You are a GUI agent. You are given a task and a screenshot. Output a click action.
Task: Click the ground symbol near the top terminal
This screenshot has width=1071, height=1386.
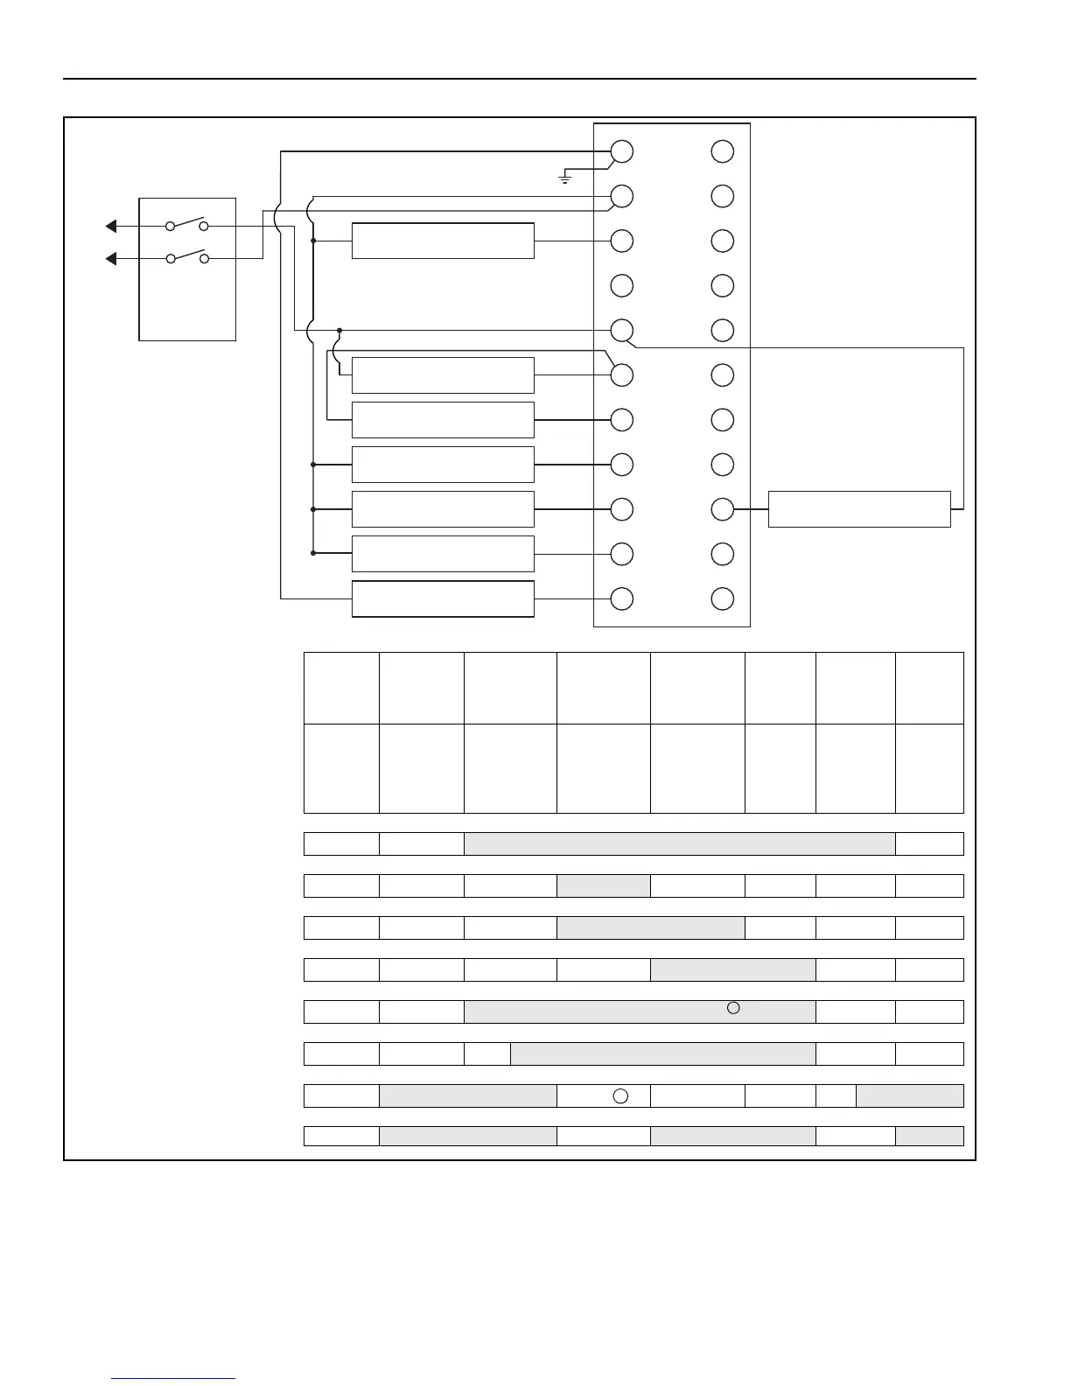[x=565, y=178]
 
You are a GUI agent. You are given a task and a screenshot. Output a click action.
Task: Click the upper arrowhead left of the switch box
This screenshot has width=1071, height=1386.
[x=111, y=227]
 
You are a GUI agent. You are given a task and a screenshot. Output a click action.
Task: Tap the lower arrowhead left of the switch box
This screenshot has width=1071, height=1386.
[x=111, y=259]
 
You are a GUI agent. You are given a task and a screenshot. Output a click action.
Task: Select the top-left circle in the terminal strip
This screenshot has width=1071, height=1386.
[x=621, y=151]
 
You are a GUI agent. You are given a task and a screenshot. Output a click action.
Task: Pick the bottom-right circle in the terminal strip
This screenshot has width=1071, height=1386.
[x=722, y=598]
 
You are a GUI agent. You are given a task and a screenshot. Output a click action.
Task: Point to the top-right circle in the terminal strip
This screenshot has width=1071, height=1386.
[x=722, y=151]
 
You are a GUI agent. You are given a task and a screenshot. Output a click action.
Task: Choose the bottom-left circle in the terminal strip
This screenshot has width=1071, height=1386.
[x=621, y=598]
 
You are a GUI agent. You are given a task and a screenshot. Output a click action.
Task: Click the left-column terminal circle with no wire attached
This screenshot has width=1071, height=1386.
[x=621, y=285]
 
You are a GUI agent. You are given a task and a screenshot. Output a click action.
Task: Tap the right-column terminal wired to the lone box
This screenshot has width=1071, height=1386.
[x=722, y=509]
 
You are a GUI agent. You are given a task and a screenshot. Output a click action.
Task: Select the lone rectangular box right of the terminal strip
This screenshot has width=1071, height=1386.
[x=859, y=509]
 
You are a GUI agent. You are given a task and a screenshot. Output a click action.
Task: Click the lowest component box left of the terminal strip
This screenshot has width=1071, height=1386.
[x=443, y=598]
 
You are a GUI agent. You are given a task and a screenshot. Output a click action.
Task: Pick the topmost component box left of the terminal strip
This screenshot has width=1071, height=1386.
[x=443, y=241]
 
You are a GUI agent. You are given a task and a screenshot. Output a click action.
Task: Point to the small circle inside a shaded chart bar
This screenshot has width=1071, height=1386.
[x=733, y=1008]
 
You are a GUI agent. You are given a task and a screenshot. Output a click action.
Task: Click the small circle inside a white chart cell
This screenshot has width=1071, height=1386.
[x=619, y=1095]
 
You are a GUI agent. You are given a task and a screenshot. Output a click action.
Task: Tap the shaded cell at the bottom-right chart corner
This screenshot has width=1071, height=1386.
[x=929, y=1136]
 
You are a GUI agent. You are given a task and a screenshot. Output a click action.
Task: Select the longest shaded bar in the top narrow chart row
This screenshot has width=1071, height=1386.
[x=679, y=843]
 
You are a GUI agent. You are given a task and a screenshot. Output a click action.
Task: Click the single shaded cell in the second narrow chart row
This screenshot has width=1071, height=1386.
[x=604, y=885]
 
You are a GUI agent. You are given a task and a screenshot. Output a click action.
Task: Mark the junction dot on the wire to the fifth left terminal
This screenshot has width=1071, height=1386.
[x=339, y=330]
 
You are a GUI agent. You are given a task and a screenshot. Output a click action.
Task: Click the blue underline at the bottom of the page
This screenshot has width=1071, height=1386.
[x=173, y=1379]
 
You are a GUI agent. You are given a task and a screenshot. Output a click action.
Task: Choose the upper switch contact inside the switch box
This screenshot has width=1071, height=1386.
[x=186, y=224]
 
